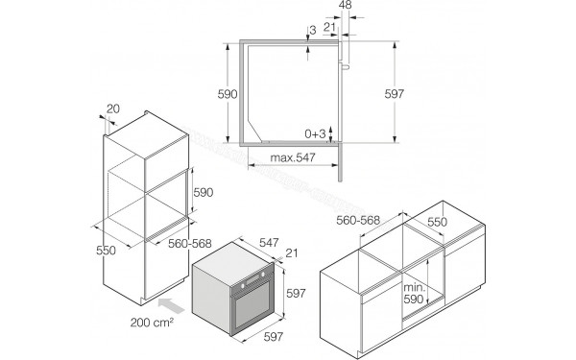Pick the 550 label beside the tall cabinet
[x=105, y=251]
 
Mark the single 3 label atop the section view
[x=313, y=30]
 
